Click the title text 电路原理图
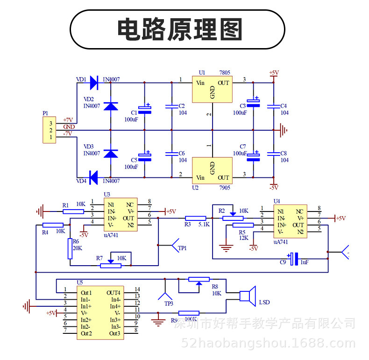click(x=179, y=29)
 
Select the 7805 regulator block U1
click(x=212, y=90)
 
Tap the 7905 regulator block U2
click(x=212, y=171)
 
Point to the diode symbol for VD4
click(x=93, y=177)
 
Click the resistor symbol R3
click(x=195, y=218)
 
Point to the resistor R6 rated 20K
click(x=70, y=248)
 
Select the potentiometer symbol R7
click(x=111, y=265)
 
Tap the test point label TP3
click(x=169, y=304)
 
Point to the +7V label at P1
click(x=68, y=120)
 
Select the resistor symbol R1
click(x=74, y=211)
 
